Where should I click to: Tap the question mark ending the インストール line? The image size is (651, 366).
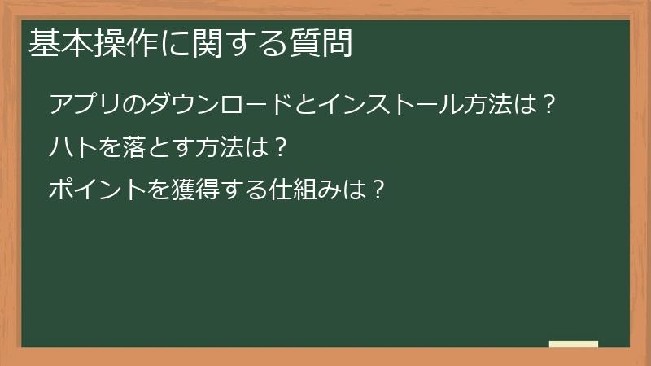549,106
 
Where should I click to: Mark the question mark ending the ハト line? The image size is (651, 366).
281,148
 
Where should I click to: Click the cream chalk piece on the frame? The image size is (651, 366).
574,344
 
